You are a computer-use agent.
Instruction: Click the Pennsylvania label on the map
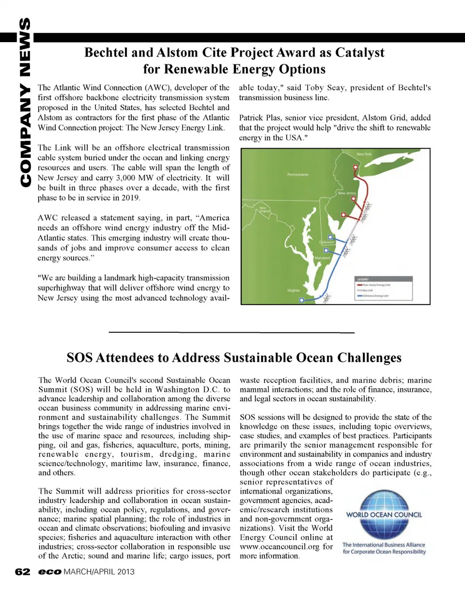(297, 174)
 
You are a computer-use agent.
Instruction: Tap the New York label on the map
(364, 154)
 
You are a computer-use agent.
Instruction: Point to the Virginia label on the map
(293, 291)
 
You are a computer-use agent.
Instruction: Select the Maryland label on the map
(322, 258)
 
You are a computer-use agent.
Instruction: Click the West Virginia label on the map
(265, 210)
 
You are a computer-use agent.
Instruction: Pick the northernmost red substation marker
(356, 167)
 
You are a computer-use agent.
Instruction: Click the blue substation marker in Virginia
(301, 300)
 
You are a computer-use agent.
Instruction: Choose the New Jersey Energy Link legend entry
(373, 285)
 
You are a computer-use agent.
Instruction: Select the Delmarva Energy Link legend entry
(373, 295)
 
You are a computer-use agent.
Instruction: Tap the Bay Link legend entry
(366, 291)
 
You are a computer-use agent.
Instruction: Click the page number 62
(22, 572)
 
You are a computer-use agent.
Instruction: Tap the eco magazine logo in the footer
(50, 572)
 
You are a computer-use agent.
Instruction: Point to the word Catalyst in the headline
(359, 53)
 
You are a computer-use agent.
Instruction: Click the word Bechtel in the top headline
(106, 53)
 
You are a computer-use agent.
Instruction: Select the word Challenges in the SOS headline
(369, 358)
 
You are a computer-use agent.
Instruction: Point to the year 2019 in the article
(131, 198)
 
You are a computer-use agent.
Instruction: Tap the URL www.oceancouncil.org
(279, 547)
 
